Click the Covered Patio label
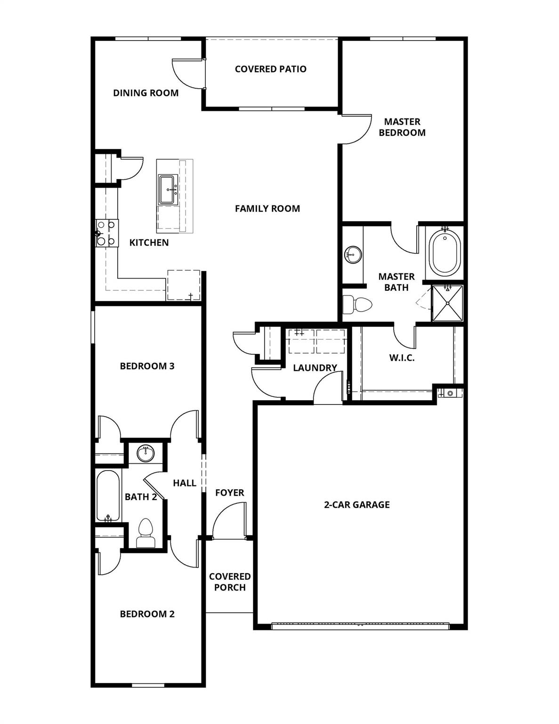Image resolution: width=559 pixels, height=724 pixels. point(270,69)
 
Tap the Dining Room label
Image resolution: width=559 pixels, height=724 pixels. point(146,93)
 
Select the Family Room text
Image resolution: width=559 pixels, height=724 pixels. point(267,208)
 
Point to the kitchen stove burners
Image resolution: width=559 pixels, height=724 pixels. point(106,233)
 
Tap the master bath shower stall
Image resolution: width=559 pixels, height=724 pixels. point(447,303)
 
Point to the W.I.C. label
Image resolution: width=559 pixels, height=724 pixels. point(402,358)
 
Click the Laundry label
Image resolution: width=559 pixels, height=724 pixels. point(315,368)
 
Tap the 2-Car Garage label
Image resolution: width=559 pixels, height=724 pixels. point(356,505)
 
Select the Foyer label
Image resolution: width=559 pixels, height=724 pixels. point(229,493)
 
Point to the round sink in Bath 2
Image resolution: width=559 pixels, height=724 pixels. point(146,454)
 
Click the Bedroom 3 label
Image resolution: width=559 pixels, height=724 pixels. point(147,366)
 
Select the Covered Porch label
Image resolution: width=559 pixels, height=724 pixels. point(229,582)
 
